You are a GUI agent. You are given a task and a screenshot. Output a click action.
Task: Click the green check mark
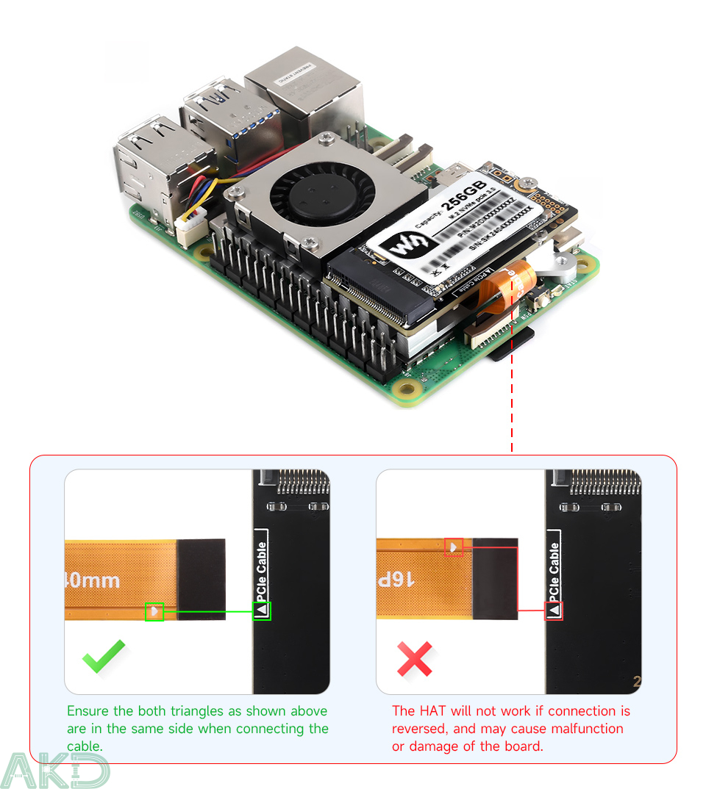click(x=104, y=655)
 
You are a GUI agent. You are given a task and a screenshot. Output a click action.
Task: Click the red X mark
click(x=415, y=659)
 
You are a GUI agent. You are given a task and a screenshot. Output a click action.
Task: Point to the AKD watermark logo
click(x=55, y=771)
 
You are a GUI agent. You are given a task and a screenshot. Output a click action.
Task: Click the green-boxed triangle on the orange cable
click(x=154, y=610)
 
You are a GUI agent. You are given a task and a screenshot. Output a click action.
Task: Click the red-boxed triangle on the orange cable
click(x=454, y=547)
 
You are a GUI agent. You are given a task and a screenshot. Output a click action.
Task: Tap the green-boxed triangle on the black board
click(x=262, y=610)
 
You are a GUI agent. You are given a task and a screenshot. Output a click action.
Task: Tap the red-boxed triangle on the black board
click(x=554, y=610)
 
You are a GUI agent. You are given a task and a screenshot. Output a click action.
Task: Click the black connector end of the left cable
click(x=201, y=579)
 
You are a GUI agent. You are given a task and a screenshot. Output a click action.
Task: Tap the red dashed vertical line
click(x=511, y=411)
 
